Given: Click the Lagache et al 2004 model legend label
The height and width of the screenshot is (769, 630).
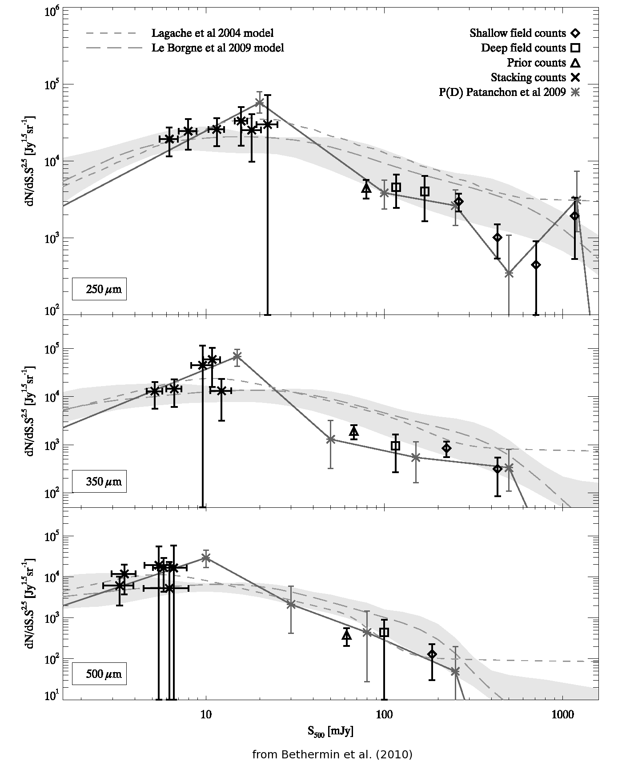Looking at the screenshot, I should click(x=212, y=33).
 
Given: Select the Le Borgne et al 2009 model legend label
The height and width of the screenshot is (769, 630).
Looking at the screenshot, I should click(x=217, y=48).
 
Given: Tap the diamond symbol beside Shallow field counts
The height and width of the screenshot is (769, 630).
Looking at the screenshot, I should click(x=576, y=33).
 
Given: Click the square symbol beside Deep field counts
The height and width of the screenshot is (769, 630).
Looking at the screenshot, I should click(x=576, y=48).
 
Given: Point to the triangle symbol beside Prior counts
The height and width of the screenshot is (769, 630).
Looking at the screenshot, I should click(x=576, y=63).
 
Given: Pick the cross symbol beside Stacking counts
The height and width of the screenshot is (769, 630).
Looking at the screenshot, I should click(x=576, y=78).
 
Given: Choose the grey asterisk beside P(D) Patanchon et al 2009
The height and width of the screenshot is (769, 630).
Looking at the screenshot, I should click(x=576, y=92).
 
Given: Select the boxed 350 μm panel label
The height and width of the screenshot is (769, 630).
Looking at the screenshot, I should click(x=99, y=481).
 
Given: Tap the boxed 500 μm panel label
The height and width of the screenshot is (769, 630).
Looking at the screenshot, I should click(x=99, y=673).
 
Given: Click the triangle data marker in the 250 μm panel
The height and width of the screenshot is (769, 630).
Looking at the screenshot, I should click(x=366, y=188).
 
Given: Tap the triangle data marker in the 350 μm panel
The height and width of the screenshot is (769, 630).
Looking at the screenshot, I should click(x=354, y=431).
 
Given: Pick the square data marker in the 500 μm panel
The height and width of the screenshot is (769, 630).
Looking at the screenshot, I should click(x=385, y=632).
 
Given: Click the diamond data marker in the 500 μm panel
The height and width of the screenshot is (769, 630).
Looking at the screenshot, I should click(x=432, y=654).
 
